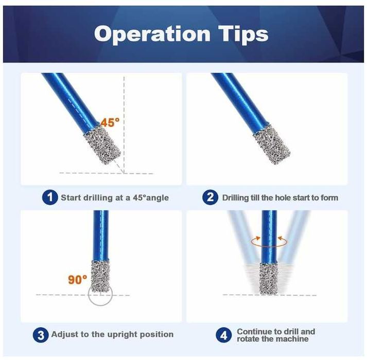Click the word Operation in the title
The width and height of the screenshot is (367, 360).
pos(152,34)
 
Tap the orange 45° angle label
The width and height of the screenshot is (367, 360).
pos(110,122)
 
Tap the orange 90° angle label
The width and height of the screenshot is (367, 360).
pos(78,280)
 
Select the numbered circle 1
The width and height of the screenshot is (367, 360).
pos(50,197)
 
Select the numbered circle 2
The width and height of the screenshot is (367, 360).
pos(210,197)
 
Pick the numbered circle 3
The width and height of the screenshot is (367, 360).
pos(41,335)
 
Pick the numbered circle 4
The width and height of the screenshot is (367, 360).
pos(223,335)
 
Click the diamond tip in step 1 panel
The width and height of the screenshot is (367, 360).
pos(102,145)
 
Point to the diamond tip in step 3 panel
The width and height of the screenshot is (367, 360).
pos(100,277)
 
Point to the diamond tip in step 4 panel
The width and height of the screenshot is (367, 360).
pos(269,278)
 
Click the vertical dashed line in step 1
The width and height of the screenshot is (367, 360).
pos(124,124)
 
